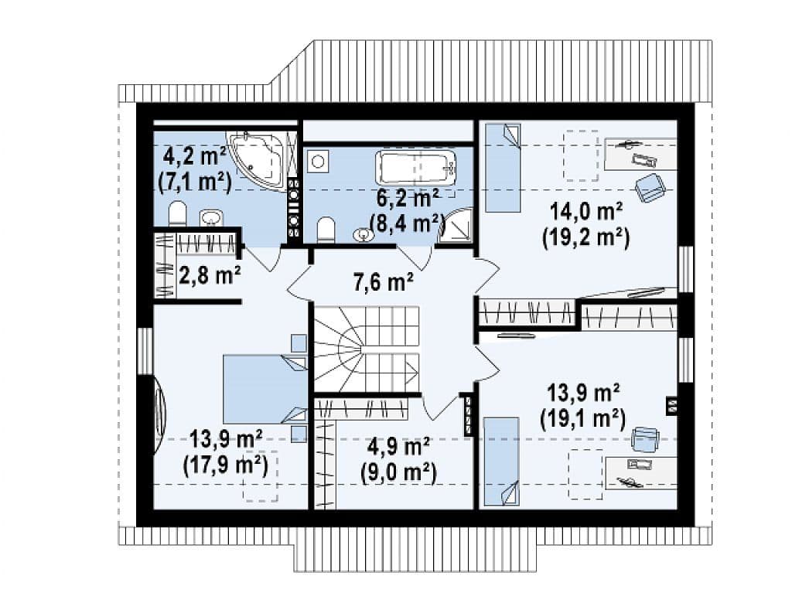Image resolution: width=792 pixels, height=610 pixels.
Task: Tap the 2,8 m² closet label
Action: tap(210, 276)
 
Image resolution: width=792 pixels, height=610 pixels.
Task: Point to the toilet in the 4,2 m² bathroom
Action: tap(177, 213)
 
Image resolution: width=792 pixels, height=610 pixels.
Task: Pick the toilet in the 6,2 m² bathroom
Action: tap(326, 230)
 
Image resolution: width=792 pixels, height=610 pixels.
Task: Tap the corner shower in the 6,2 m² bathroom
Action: tap(455, 227)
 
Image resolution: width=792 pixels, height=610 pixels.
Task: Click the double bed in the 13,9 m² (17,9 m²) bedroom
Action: tap(265, 389)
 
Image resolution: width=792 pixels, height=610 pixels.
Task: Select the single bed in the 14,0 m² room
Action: tap(503, 168)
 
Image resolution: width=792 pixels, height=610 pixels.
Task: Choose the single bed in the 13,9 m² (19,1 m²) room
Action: tap(501, 461)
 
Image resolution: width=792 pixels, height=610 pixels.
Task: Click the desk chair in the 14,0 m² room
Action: tap(649, 188)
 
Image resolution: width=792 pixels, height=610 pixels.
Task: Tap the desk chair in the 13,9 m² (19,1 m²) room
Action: tap(646, 438)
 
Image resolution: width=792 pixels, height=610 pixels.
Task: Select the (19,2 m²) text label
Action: tap(586, 237)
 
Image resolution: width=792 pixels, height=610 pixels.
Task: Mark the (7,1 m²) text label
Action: tap(195, 181)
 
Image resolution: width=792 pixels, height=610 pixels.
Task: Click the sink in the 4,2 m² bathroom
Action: tap(210, 219)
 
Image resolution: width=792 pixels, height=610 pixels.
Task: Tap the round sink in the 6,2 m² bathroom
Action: tap(362, 235)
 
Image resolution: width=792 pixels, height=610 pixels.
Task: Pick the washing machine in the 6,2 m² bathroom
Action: tap(318, 162)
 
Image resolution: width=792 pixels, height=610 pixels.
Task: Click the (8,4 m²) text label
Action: tap(407, 222)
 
